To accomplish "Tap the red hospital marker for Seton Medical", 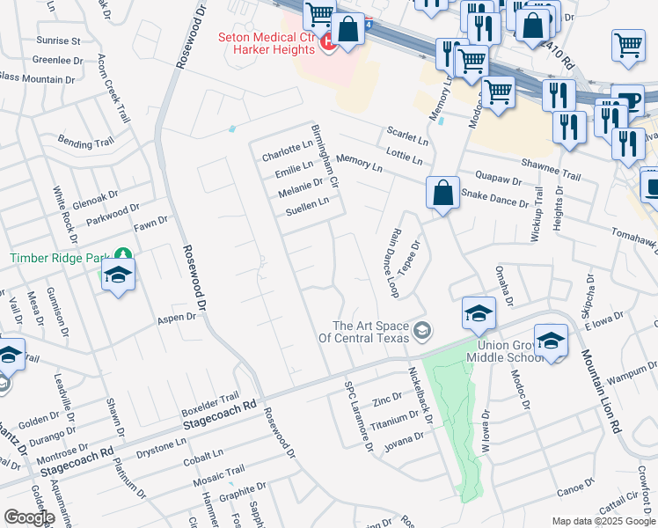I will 329,42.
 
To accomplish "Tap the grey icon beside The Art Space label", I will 423,331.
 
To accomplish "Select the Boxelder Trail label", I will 210,404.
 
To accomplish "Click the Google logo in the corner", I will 29,517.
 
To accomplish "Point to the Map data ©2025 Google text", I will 603,521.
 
